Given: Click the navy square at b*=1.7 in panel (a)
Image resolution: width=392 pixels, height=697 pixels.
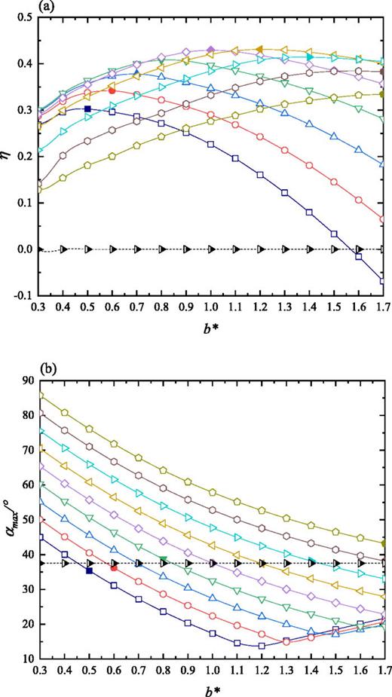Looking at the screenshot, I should [383, 281].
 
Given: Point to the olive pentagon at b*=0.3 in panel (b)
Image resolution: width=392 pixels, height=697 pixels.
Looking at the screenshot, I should [39, 394].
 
